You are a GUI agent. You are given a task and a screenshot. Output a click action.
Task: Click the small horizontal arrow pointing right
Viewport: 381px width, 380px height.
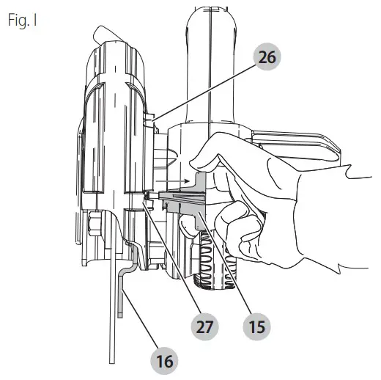click(177, 178)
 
